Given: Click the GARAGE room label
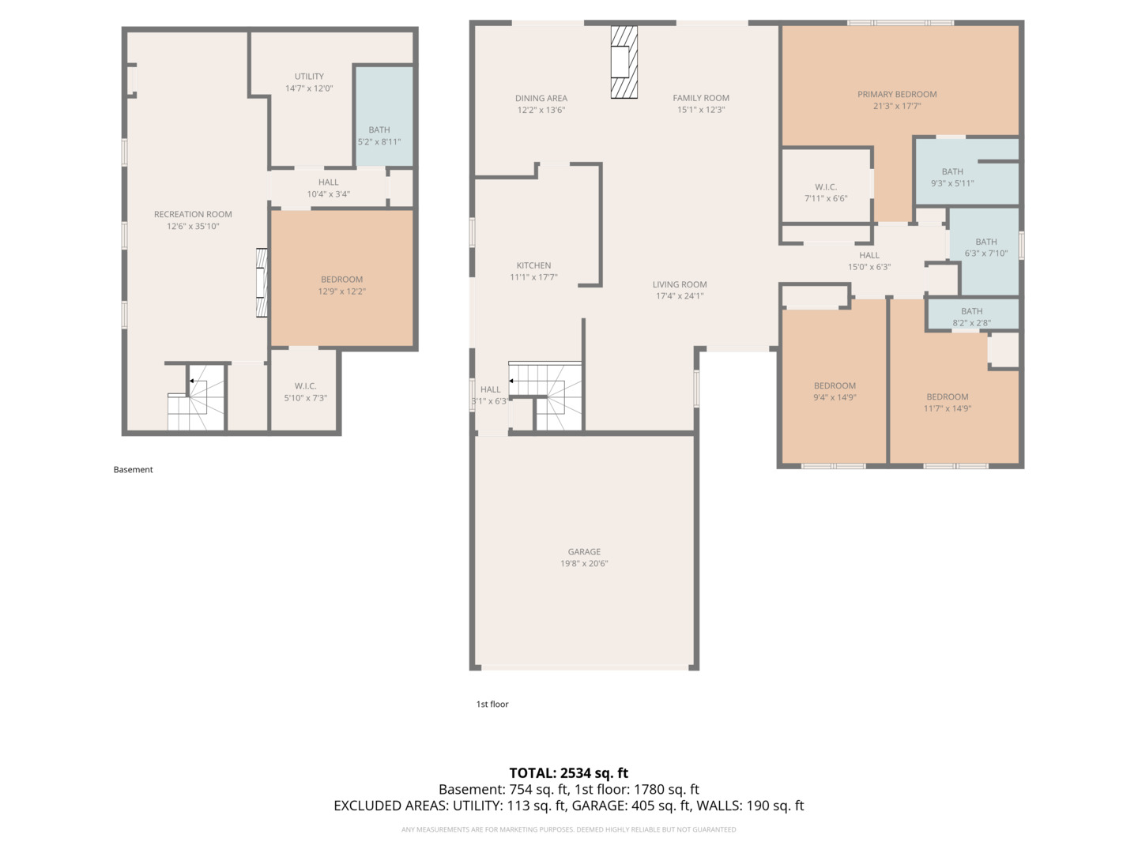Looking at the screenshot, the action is point(584,551).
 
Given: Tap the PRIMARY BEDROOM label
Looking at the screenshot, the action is point(897,94).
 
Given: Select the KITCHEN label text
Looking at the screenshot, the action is point(533,265).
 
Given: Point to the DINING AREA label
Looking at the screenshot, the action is point(541,98).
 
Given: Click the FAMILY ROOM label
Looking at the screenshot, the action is point(701,98).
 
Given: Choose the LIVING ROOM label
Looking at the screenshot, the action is point(680,284).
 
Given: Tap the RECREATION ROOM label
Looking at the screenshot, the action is point(193,214).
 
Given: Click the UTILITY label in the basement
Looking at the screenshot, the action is point(309,76).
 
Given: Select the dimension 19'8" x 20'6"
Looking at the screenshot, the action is point(584,563).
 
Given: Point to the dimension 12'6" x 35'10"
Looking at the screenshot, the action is point(193,227).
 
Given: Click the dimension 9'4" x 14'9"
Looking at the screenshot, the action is point(835,398).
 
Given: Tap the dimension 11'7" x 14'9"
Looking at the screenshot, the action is point(948,408).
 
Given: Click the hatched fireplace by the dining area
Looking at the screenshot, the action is point(624,62).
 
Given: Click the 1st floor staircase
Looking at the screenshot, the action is point(545,396).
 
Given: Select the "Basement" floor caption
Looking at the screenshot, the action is point(134,470).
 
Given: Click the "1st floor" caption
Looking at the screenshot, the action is point(492,705).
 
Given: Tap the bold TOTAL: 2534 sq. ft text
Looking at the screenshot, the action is point(568,773).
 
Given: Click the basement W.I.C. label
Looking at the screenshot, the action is point(305,386).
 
